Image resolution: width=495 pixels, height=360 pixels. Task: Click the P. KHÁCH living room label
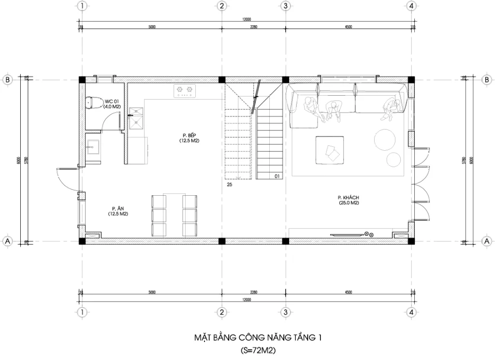[348, 198]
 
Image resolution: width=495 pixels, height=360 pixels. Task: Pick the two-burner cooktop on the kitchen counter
[185, 91]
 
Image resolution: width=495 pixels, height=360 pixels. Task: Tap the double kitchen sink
[136, 118]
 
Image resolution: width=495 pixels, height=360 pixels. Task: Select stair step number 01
[277, 176]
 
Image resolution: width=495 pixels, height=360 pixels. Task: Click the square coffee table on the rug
[330, 151]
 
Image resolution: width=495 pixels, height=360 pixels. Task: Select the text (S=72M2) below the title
[256, 350]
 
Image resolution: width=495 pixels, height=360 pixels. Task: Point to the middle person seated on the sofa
[332, 109]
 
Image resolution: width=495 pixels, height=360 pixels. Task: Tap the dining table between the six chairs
[175, 214]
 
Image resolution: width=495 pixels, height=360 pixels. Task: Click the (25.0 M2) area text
[349, 203]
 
